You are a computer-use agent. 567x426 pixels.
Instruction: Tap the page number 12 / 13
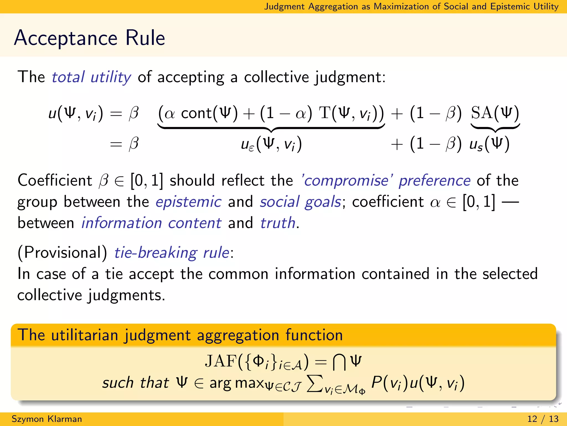coord(543,419)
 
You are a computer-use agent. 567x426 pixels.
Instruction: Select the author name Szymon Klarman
coord(47,419)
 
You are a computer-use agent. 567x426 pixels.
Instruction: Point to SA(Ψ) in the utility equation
coord(495,113)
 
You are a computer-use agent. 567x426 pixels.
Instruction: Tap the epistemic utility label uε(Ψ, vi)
coord(271,144)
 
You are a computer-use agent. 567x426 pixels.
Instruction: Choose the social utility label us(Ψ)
coord(489,144)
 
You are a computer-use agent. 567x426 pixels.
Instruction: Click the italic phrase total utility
coord(91,77)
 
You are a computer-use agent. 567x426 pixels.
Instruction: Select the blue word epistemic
coord(188,202)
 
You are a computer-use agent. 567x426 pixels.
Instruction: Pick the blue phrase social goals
coord(300,202)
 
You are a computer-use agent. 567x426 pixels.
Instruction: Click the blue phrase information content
coord(151,223)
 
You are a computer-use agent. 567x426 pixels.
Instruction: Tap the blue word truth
coord(278,223)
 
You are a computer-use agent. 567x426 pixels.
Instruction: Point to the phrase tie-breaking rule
coord(172,253)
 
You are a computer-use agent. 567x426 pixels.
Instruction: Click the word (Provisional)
coord(62,253)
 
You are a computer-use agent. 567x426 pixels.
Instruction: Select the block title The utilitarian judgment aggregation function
coord(180,335)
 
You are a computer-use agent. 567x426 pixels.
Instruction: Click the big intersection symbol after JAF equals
coord(339,362)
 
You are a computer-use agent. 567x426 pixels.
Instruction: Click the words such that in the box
coord(135,383)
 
